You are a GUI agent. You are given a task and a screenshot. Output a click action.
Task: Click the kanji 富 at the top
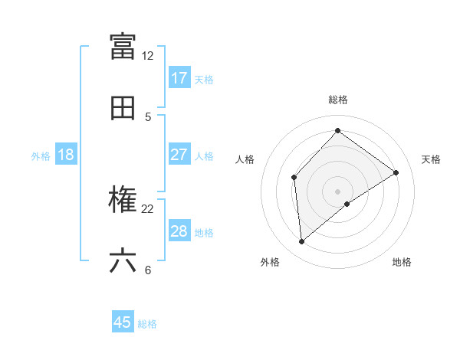point(123,46)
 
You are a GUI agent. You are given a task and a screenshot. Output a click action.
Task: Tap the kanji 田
point(123,108)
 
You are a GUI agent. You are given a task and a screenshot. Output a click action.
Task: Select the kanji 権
point(123,200)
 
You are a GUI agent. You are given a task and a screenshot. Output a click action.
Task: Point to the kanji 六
point(123,261)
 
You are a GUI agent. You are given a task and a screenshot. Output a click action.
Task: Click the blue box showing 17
point(179,78)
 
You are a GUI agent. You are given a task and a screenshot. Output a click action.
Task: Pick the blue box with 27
point(179,155)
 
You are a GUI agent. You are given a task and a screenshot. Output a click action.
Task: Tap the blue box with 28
point(179,231)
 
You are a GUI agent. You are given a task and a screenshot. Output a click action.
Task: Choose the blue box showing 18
point(66,155)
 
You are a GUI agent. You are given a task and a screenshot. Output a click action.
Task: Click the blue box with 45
point(123,322)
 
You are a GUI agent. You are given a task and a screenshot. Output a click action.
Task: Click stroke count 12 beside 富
point(148,56)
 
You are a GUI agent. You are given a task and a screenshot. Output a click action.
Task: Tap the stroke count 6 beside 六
point(148,270)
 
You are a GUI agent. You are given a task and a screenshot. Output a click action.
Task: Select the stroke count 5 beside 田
point(148,117)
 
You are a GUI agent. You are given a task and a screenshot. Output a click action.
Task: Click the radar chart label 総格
point(338,100)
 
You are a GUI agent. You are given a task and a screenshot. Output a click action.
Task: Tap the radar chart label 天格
point(431,159)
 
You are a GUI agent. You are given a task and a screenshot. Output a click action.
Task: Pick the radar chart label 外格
point(270,263)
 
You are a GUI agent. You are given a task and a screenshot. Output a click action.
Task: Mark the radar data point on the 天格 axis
point(396,172)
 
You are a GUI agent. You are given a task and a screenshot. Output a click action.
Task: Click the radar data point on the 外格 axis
point(302,241)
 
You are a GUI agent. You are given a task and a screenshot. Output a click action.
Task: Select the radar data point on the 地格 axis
point(347,204)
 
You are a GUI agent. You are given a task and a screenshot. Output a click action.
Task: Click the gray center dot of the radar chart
point(338,191)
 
